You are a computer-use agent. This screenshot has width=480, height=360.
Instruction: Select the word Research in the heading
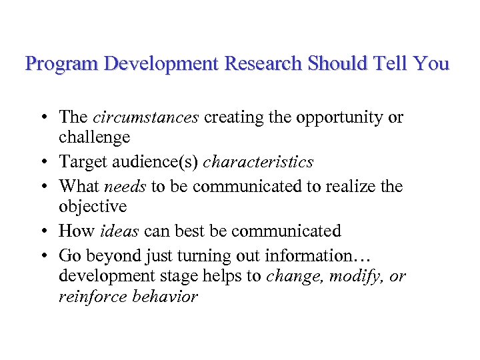(263, 64)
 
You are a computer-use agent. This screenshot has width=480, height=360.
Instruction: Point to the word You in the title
(431, 64)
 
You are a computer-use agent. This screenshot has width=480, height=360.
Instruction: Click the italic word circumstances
(145, 117)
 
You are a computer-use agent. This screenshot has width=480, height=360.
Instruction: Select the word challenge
(94, 137)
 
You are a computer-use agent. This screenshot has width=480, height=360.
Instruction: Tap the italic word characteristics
(258, 162)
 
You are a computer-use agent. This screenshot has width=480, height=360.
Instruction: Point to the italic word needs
(125, 187)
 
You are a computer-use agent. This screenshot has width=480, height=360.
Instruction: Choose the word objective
(92, 207)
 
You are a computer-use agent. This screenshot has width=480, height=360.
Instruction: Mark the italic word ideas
(119, 231)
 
